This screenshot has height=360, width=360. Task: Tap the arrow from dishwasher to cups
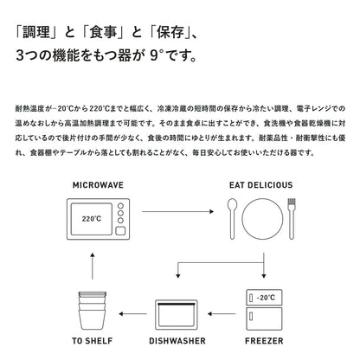click(x=132, y=313)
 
